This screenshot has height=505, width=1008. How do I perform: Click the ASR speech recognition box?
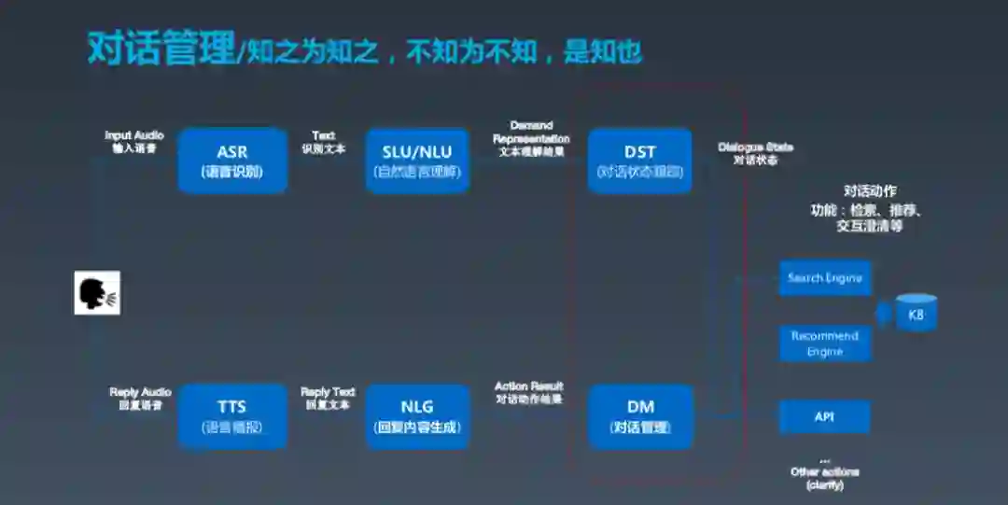point(232,161)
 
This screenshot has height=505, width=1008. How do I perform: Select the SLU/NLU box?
point(416,161)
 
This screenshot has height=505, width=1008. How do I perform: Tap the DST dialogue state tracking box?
point(640,161)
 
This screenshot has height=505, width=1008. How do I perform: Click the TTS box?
point(232,416)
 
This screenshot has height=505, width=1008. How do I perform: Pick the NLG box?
point(416,416)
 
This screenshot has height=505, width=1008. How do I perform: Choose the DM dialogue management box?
point(640,416)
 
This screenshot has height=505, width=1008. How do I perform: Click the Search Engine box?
point(825,278)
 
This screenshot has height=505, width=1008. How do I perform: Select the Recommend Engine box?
point(825,344)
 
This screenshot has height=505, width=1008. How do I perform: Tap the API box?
point(825,417)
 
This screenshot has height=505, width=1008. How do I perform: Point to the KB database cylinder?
point(916,315)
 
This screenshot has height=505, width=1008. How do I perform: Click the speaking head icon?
point(97,292)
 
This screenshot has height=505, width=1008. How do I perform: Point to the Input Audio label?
point(134,142)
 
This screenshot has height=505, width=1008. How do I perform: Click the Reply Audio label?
point(141,399)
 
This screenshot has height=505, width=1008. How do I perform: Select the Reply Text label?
point(328,399)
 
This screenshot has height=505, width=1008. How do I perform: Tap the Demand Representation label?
point(531,138)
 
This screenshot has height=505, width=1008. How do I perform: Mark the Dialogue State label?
point(755,153)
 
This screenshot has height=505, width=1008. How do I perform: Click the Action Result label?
point(529,392)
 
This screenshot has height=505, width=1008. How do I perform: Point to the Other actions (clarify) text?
point(824,477)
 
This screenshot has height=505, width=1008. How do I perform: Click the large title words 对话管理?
point(161,49)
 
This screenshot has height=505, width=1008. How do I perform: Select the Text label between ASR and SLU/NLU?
point(324,142)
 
